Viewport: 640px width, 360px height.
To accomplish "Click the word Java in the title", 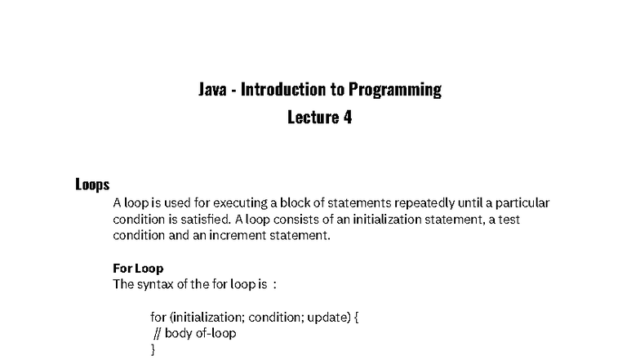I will pyautogui.click(x=212, y=89).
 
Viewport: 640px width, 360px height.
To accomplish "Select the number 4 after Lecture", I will pyautogui.click(x=347, y=117).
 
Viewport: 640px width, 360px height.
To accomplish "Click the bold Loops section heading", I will pyautogui.click(x=92, y=184).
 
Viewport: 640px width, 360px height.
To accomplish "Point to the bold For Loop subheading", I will pyautogui.click(x=138, y=268).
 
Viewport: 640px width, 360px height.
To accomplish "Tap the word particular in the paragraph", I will pyautogui.click(x=522, y=202).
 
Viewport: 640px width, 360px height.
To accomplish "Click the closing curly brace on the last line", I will pyautogui.click(x=153, y=349).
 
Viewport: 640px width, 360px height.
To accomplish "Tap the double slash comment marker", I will pyautogui.click(x=158, y=333).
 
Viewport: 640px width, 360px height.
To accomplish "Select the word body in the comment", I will pyautogui.click(x=178, y=333).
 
